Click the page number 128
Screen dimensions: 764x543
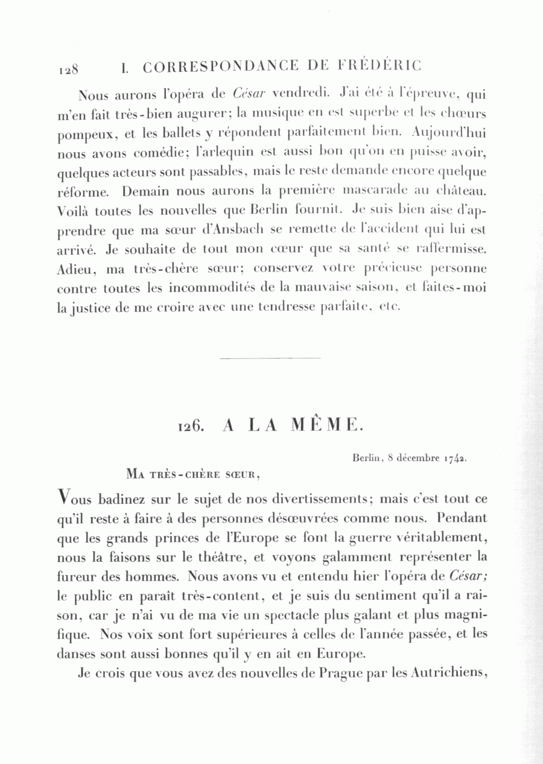coord(69,69)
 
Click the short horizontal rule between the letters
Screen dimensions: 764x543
coord(270,358)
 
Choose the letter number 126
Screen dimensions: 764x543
coord(189,425)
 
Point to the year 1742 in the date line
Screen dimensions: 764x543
coord(455,457)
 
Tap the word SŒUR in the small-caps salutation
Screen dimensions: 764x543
coord(244,473)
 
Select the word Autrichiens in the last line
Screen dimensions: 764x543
coord(449,673)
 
